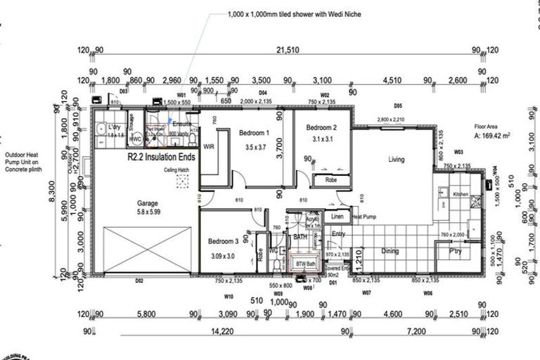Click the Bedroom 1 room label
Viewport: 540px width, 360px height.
254,133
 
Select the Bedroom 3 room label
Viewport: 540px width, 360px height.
224,240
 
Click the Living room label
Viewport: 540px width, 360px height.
397,160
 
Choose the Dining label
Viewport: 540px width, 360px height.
390,251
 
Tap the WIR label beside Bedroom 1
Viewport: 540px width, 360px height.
208,147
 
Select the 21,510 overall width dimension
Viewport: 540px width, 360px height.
286,50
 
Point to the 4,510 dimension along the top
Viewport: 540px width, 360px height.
392,80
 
